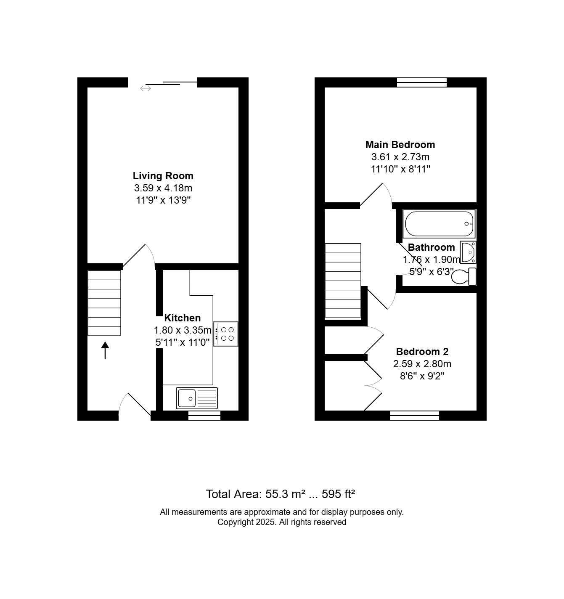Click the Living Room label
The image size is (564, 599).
click(163, 175)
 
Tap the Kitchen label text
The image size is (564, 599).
click(182, 318)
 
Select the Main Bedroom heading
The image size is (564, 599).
click(400, 145)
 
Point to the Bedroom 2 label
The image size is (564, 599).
click(422, 352)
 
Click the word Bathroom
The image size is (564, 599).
click(431, 247)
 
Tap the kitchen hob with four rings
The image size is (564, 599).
click(225, 334)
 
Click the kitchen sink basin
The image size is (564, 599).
click(186, 398)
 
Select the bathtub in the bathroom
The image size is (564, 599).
click(439, 223)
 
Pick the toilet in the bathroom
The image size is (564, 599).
click(463, 277)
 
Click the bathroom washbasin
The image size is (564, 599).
click(468, 252)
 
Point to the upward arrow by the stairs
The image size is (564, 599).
click(105, 350)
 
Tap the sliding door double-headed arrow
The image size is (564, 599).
click(146, 88)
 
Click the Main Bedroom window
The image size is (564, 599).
click(422, 82)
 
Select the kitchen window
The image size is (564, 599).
click(204, 415)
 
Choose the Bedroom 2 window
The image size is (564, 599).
click(414, 415)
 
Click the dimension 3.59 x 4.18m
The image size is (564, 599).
click(163, 188)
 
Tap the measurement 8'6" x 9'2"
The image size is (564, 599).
click(422, 376)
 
